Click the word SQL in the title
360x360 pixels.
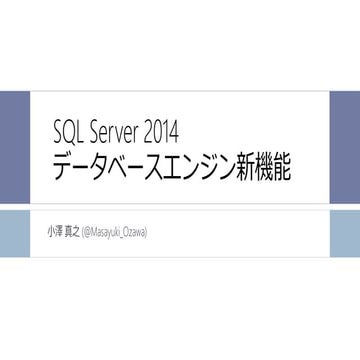click(69, 132)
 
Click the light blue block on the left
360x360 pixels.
click(14, 231)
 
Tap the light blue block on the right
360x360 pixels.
click(345, 231)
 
